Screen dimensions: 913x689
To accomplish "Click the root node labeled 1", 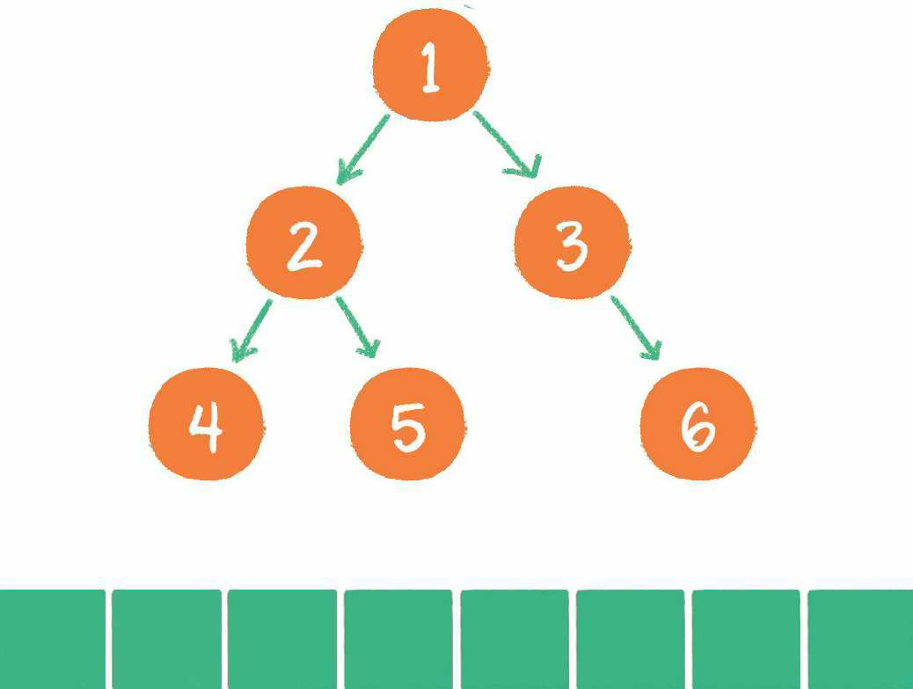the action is click(430, 65).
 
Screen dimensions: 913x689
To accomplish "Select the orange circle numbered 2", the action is click(303, 243).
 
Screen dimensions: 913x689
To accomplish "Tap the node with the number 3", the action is click(572, 243).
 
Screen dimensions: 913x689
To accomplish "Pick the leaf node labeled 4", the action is click(206, 424).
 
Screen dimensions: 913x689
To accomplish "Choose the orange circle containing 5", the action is click(407, 424).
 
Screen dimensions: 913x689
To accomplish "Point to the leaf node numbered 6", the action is click(698, 424).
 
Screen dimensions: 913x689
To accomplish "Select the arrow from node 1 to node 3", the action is click(506, 143).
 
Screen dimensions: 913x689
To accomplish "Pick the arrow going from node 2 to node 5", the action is click(357, 326).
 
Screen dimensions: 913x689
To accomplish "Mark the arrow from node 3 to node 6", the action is click(635, 326).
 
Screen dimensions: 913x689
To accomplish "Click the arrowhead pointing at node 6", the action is click(652, 350).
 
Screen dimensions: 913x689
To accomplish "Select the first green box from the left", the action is click(51, 639).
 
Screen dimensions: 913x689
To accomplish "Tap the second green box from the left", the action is click(166, 639).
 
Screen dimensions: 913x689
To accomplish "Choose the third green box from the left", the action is click(282, 639).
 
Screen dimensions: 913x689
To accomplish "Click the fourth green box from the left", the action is click(398, 639).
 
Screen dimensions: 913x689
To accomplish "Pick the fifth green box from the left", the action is click(515, 639).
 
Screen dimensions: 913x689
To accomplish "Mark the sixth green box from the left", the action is click(630, 639).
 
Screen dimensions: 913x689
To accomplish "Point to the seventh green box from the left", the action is click(746, 639).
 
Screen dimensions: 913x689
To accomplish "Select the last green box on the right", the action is click(860, 639).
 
